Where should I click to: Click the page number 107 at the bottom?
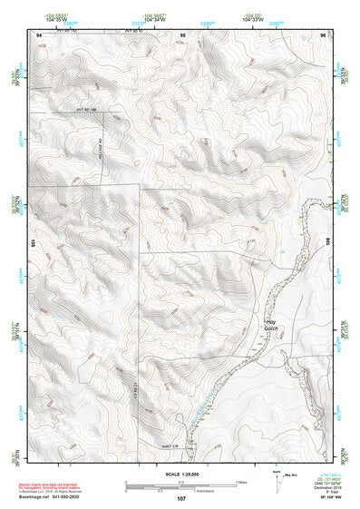click(180, 498)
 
